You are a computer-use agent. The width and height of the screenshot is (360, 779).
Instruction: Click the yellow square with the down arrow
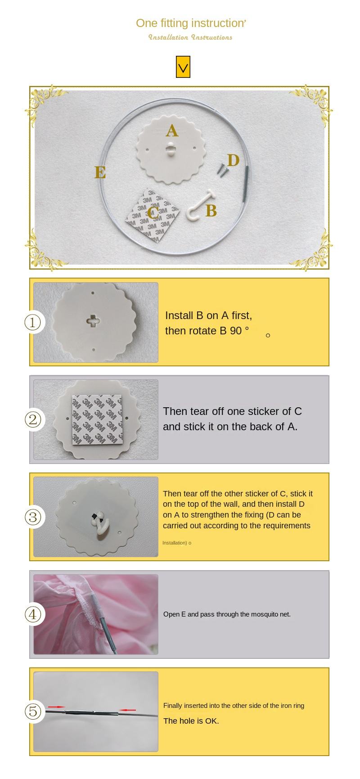[x=183, y=67]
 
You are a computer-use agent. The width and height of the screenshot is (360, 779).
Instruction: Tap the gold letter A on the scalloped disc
[x=172, y=131]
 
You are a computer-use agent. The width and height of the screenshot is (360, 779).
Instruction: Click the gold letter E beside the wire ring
[x=100, y=172]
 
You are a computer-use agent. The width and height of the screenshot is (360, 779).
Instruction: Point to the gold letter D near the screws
[x=233, y=160]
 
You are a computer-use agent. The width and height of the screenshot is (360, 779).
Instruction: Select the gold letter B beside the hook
[x=211, y=211]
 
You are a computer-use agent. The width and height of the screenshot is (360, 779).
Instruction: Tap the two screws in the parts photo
[x=222, y=170]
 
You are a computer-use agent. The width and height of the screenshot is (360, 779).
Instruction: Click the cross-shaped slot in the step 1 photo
[x=94, y=321]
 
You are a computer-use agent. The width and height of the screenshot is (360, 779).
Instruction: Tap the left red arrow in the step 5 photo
[x=56, y=707]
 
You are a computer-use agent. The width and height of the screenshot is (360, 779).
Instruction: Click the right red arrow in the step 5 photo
[x=127, y=710]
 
